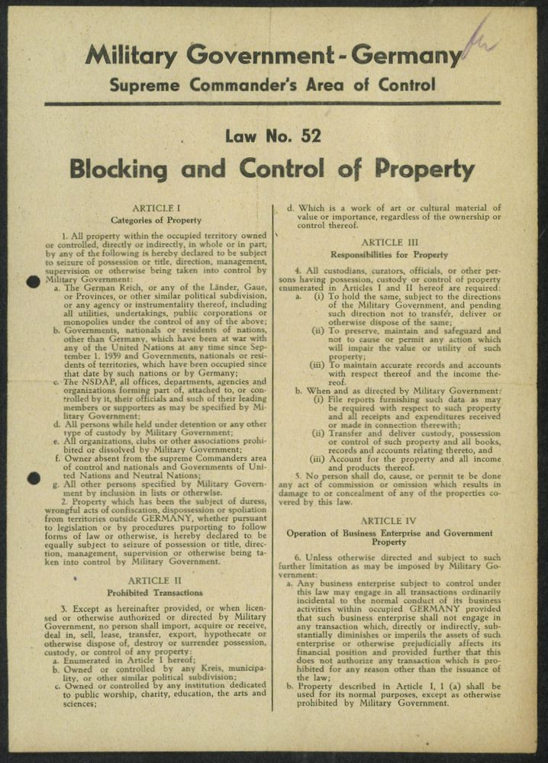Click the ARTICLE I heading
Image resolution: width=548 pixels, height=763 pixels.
[x=156, y=208]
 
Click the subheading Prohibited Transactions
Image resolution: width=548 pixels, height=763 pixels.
[x=156, y=593]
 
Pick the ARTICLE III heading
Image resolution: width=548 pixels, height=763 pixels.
[x=388, y=242]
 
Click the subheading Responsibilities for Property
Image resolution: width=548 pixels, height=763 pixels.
[x=388, y=254]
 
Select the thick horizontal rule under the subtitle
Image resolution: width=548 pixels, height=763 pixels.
[x=272, y=103]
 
